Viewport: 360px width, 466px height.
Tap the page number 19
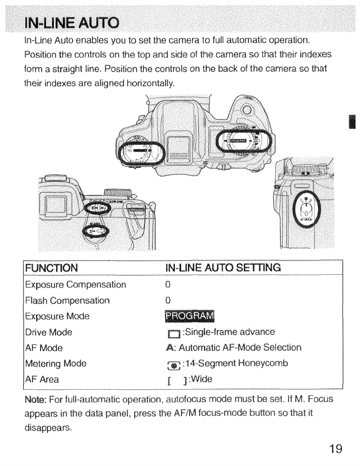pos(336,449)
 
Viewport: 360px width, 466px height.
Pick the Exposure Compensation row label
pos(75,285)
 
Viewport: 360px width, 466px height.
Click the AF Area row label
pos(42,379)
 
